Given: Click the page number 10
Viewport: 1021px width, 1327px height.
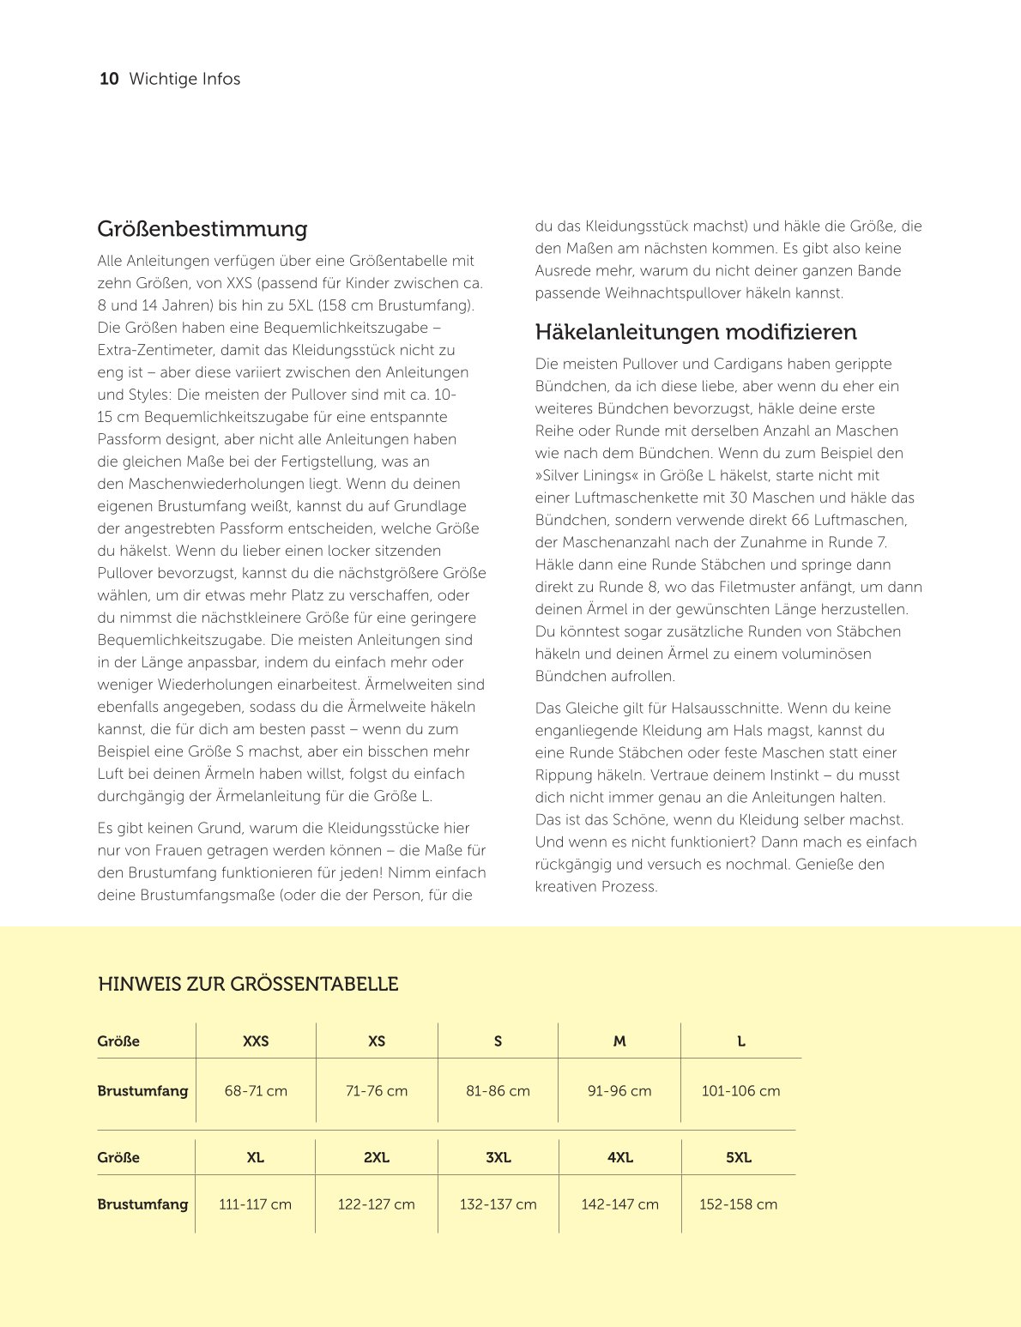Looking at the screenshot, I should coord(109,79).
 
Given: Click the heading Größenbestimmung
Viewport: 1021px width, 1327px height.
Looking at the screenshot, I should coord(202,229).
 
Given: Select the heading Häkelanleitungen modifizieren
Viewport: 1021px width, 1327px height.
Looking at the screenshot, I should coord(696,332).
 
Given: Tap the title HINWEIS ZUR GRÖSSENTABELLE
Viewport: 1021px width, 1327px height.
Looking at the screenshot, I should coord(248,984).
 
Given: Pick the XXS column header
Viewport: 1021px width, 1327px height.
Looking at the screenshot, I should coord(256,1041).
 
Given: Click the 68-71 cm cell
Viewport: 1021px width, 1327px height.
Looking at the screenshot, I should coord(256,1091).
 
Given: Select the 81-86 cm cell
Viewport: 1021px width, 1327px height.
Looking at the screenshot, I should coord(498,1091).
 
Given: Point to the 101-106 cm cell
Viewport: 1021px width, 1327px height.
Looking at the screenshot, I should coord(740,1091).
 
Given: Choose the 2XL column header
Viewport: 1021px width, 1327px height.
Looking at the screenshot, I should coord(377,1157).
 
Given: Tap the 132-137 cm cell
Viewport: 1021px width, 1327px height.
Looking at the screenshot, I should coord(498,1204).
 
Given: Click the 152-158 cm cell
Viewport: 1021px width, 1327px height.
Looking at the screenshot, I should coord(738,1204).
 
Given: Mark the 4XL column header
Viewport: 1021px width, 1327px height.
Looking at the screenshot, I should coord(619,1157).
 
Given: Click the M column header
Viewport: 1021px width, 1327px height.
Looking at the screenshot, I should coord(619,1041).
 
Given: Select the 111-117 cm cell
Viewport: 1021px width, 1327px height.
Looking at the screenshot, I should coord(255,1204).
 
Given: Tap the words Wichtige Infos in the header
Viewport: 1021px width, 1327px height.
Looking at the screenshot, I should coord(184,79).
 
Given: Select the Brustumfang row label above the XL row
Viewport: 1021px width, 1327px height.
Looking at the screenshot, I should coord(142,1091).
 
